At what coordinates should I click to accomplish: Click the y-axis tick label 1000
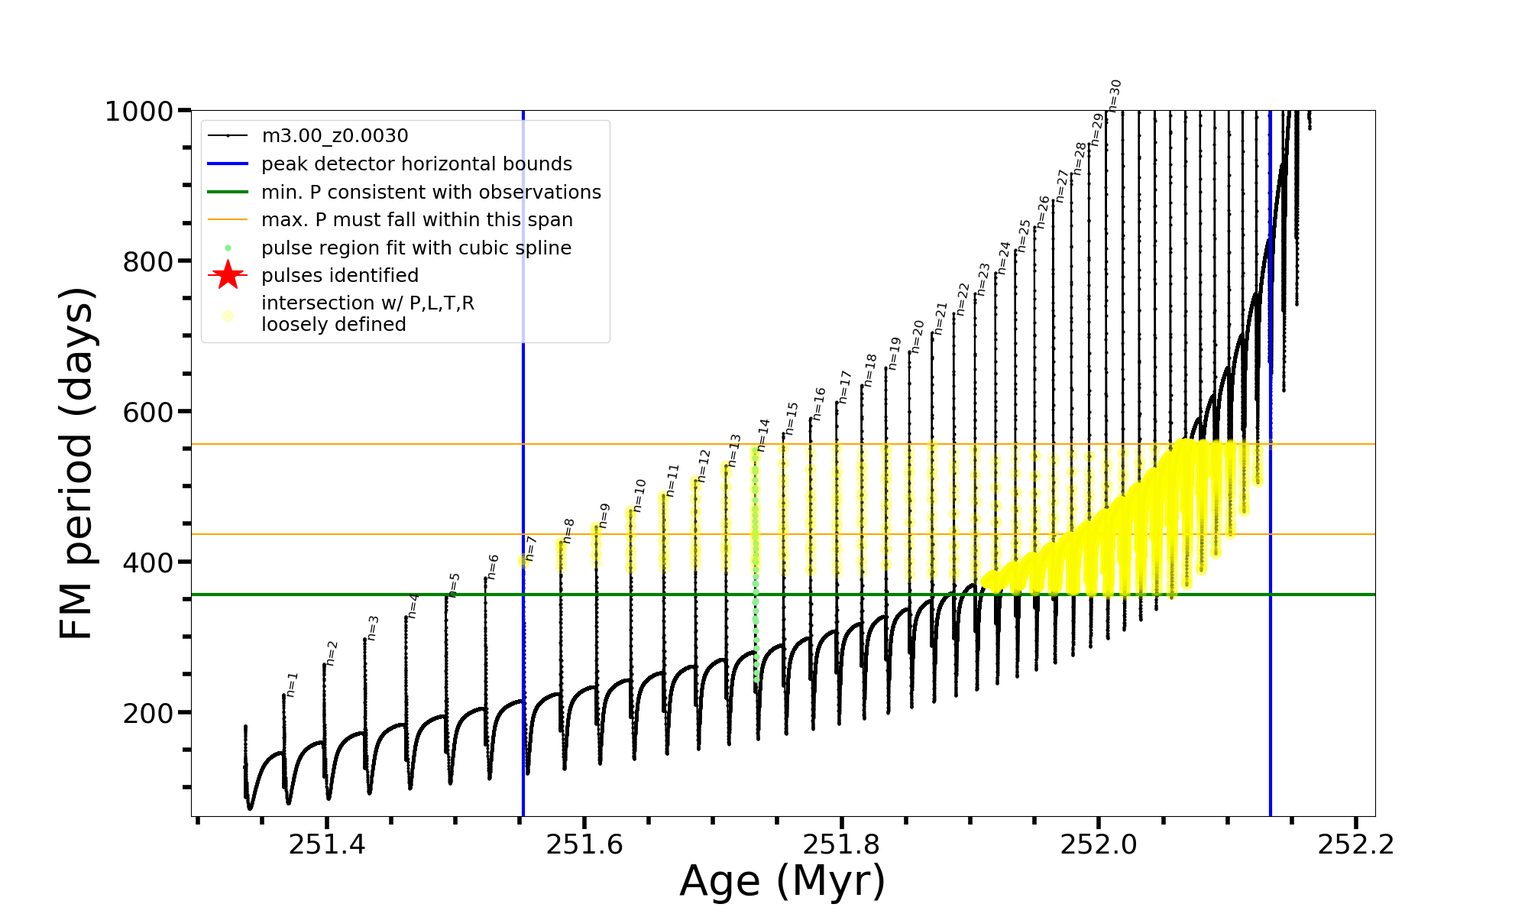pos(139,112)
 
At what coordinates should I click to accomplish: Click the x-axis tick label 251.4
pos(327,844)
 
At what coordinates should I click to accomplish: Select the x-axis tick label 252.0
pos(1099,844)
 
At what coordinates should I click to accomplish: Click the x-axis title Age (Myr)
pos(782,881)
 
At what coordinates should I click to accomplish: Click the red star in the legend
pos(228,275)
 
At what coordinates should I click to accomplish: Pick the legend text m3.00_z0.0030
pos(335,136)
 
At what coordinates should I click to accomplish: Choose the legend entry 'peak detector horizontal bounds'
pos(416,164)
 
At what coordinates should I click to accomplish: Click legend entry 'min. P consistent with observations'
pos(431,192)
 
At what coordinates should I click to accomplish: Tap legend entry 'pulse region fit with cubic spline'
pos(416,248)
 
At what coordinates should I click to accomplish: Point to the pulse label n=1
pos(292,685)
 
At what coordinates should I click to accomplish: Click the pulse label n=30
pos(1115,96)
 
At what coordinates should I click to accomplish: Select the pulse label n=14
pos(763,435)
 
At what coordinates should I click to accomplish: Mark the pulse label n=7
pos(531,549)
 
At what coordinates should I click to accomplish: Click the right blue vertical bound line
pos(1271,535)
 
